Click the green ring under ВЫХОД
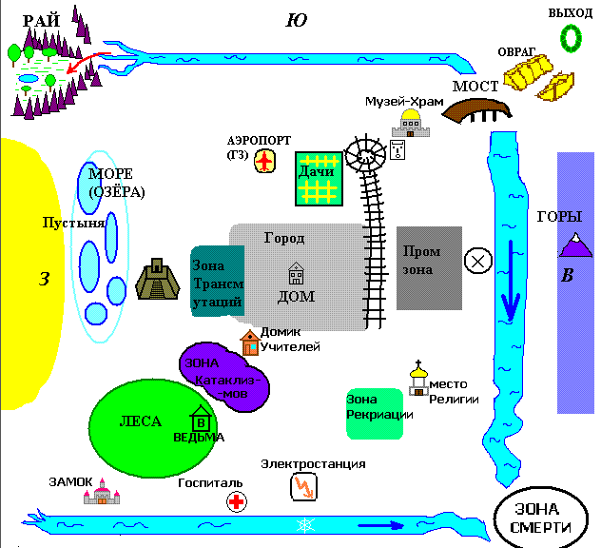pyautogui.click(x=571, y=36)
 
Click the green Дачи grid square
pyautogui.click(x=317, y=178)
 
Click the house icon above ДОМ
pyautogui.click(x=296, y=274)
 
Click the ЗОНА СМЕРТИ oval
pyautogui.click(x=539, y=519)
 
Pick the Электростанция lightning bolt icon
pyautogui.click(x=303, y=487)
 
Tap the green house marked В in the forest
pyautogui.click(x=201, y=420)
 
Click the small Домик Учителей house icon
pyautogui.click(x=250, y=342)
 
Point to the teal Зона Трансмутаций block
pyautogui.click(x=218, y=277)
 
